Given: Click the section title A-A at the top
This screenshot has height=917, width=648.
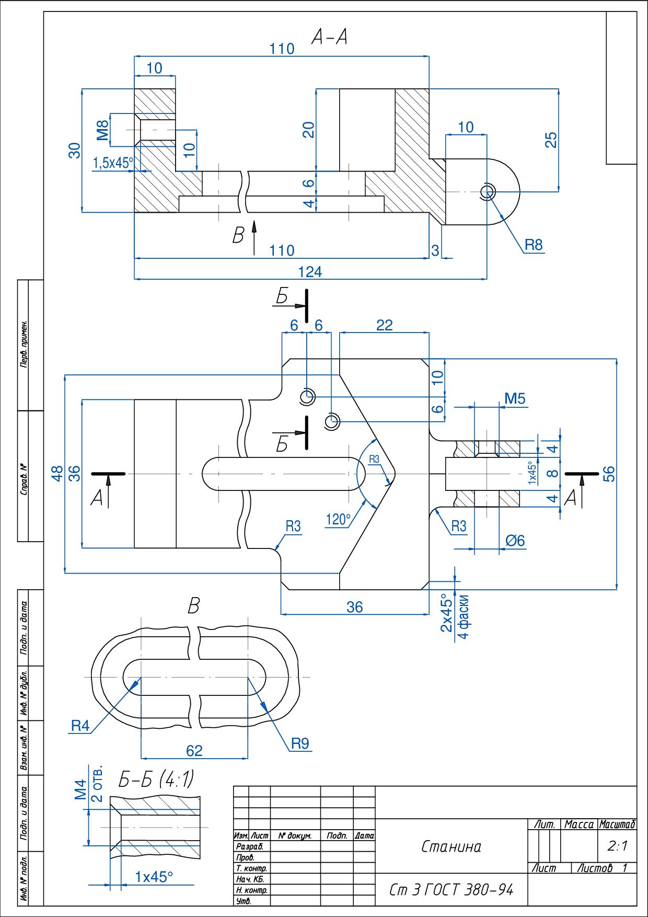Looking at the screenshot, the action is (329, 37).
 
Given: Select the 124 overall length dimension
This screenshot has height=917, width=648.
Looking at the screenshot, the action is (310, 271).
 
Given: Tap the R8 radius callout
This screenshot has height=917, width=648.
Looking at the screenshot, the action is (534, 244).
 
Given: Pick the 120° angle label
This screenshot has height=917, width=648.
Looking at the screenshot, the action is (338, 520).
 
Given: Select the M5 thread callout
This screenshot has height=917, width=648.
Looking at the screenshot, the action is (515, 399).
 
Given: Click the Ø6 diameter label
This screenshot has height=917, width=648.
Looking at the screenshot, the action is (515, 541).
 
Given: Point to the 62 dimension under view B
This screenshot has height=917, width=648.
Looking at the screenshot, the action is (194, 751).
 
